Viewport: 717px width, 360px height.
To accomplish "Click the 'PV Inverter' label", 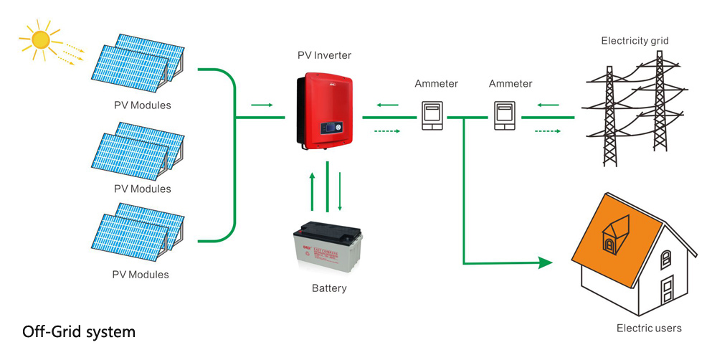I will [x=324, y=55].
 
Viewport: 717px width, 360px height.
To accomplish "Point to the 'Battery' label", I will [x=329, y=288].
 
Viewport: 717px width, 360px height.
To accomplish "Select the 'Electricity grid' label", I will [x=635, y=41].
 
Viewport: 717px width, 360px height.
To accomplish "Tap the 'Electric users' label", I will [x=649, y=328].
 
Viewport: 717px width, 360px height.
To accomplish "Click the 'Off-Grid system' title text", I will [x=78, y=332].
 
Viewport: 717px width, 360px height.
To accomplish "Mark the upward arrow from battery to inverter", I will [x=311, y=191].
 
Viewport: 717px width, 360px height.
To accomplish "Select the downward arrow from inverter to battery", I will [x=340, y=191].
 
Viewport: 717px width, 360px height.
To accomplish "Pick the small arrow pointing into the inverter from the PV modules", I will [x=262, y=105].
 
